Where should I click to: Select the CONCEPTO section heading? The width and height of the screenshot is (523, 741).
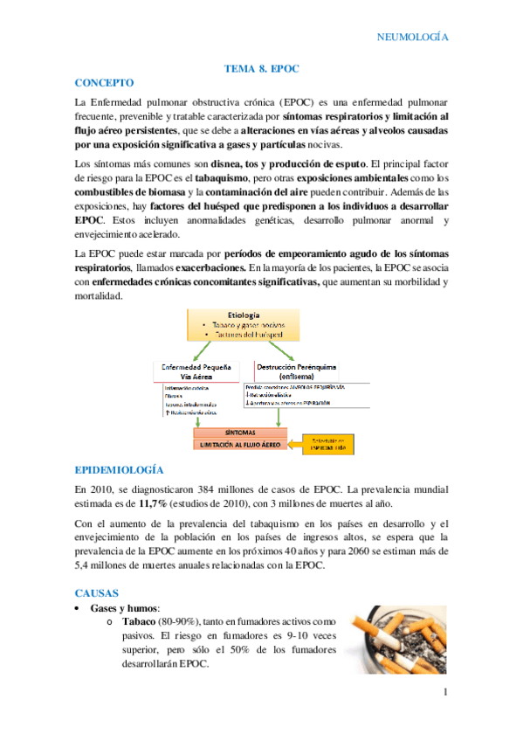(104, 83)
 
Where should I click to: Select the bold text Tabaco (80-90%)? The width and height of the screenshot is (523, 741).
(157, 622)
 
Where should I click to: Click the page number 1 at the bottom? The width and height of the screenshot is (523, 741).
(445, 694)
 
